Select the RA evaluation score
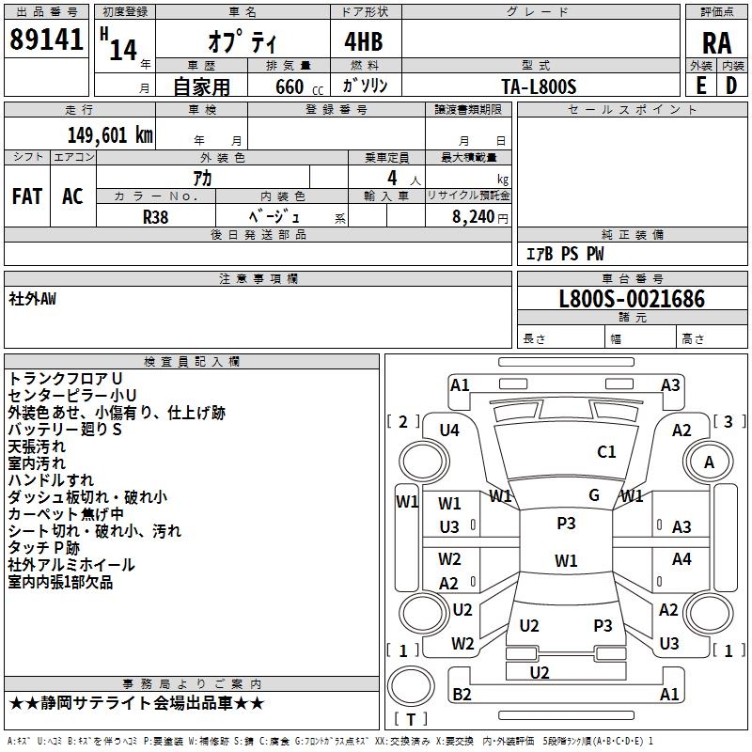point(716,43)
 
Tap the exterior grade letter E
point(700,85)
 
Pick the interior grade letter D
point(731,85)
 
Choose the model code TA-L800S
point(539,86)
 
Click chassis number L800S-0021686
point(632,300)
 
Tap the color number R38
point(155,215)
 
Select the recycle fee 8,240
point(468,216)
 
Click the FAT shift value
point(27,196)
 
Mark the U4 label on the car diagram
point(449,431)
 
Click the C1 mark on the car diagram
point(606,452)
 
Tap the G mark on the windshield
point(594,494)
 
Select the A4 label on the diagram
point(681,559)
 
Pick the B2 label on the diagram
point(462,694)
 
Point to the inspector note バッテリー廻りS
point(65,430)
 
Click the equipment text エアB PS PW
point(565,254)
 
